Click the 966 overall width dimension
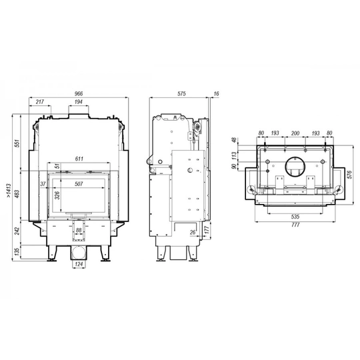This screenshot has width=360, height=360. [79, 94]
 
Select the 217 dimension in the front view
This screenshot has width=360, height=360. [40, 102]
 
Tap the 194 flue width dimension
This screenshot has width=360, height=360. [79, 102]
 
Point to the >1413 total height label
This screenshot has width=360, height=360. [9, 191]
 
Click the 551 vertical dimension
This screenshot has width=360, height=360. [17, 143]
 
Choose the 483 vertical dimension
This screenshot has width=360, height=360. [17, 193]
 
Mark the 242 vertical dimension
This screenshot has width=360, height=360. [17, 231]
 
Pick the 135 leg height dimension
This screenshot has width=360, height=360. [17, 252]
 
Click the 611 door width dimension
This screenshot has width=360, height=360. [79, 159]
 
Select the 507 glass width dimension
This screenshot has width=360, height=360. [79, 184]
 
